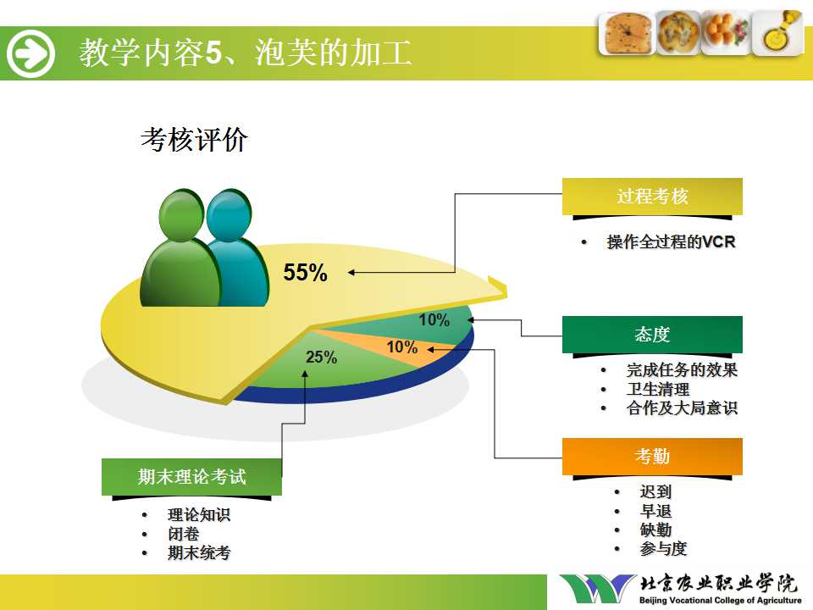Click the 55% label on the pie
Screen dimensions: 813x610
(306, 272)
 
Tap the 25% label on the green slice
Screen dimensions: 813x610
(321, 357)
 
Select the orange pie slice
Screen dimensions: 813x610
(384, 347)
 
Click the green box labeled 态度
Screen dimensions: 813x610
(652, 335)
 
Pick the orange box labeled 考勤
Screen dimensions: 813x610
(652, 457)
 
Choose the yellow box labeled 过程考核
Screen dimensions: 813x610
(652, 196)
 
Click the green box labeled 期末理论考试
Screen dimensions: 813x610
(192, 477)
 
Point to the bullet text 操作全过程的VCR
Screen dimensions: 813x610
(671, 241)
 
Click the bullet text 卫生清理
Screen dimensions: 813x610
(658, 389)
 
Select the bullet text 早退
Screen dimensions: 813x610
(655, 511)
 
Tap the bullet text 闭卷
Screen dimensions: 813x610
(184, 534)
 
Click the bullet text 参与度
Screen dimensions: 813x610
(663, 548)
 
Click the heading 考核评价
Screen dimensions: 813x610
(194, 140)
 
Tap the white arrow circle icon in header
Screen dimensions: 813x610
(30, 53)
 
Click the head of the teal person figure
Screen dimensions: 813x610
(229, 214)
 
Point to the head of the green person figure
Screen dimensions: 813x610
(181, 214)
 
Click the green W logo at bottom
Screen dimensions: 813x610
(598, 588)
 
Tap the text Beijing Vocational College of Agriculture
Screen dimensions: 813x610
(720, 600)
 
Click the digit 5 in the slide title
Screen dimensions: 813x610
(213, 53)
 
